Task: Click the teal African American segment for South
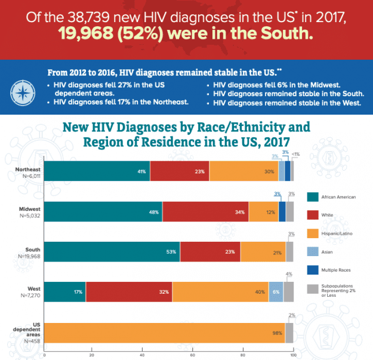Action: point(112,251)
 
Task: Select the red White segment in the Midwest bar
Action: point(205,212)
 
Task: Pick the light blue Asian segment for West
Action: point(276,291)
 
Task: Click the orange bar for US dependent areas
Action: point(165,332)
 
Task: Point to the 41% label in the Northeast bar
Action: point(141,171)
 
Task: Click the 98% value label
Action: point(277,333)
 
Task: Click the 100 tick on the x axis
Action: point(293,355)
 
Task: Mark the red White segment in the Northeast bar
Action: point(180,171)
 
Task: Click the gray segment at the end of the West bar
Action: point(288,291)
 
